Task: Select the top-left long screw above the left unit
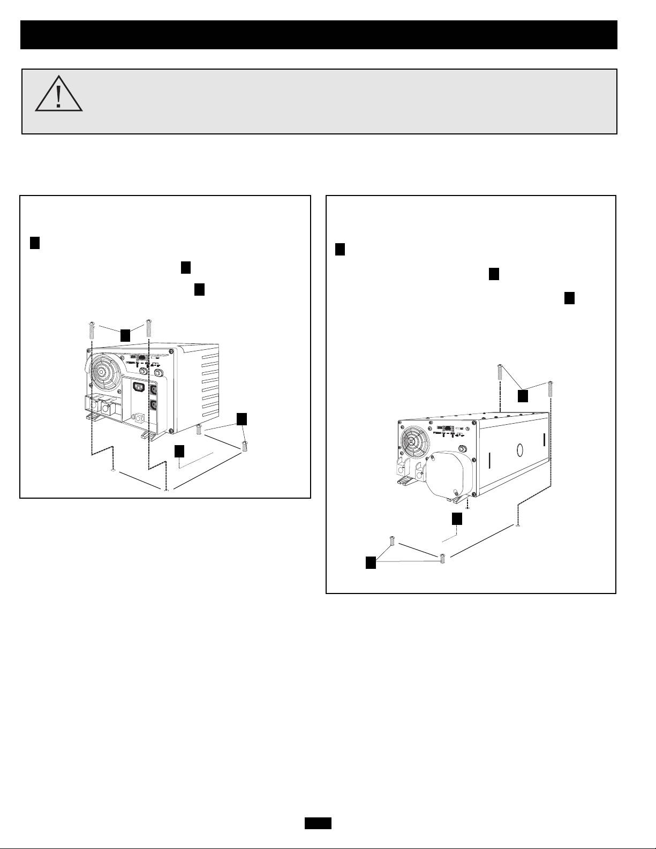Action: pyautogui.click(x=91, y=329)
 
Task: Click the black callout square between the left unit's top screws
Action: pyautogui.click(x=125, y=335)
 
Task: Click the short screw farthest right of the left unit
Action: pyautogui.click(x=245, y=445)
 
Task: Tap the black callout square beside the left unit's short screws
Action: pyautogui.click(x=242, y=419)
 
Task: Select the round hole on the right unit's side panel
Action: pyautogui.click(x=519, y=449)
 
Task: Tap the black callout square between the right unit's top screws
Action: pyautogui.click(x=523, y=396)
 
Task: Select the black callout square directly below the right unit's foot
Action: pyautogui.click(x=457, y=519)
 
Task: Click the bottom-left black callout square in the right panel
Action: pyautogui.click(x=371, y=562)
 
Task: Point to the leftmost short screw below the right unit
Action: pyautogui.click(x=393, y=541)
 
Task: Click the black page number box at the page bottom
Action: pyautogui.click(x=318, y=823)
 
